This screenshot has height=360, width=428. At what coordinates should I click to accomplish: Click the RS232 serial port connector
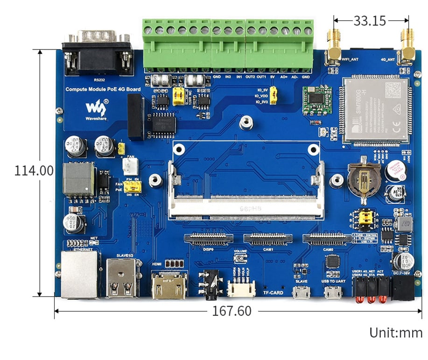[97, 54]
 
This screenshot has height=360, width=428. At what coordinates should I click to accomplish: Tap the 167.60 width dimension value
[232, 311]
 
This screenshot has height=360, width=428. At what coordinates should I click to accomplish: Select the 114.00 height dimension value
[34, 170]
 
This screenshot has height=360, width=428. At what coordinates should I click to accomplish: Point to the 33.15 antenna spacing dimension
[370, 21]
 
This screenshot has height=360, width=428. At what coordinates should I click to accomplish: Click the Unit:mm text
[396, 333]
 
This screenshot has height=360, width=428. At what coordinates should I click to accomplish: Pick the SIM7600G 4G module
[376, 109]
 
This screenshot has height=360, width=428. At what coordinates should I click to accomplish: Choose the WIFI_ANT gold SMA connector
[333, 47]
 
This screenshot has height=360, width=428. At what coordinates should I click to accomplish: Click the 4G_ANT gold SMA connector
[407, 46]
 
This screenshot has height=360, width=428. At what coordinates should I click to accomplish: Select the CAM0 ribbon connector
[327, 239]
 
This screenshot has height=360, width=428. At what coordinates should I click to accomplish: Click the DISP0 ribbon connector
[209, 239]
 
